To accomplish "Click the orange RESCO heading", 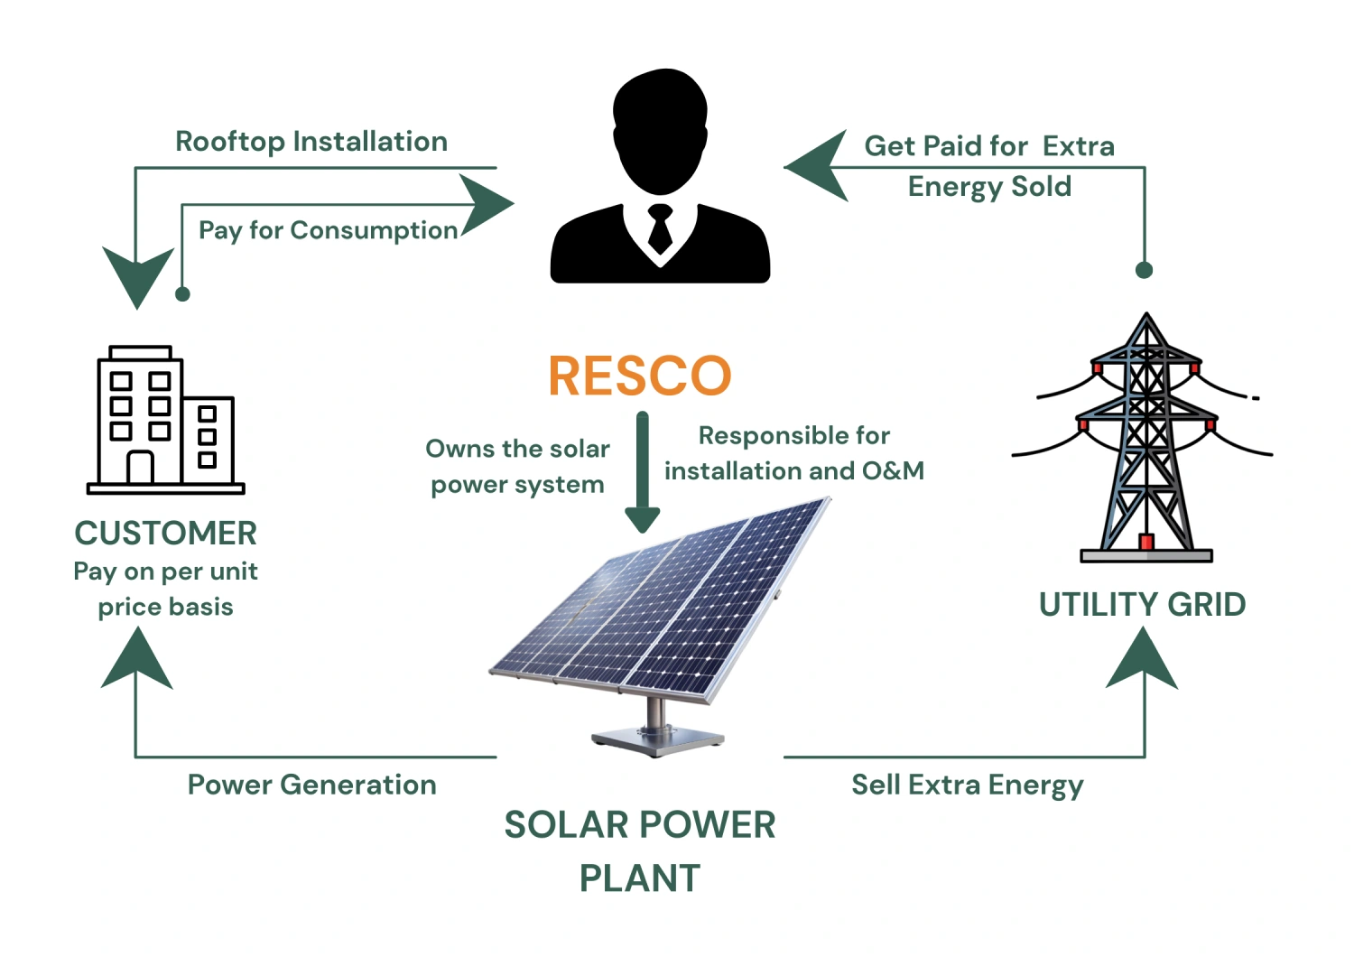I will tap(639, 376).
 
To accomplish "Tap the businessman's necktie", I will tap(660, 229).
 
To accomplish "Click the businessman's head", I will tap(660, 117).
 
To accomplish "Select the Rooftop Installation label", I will tap(311, 142).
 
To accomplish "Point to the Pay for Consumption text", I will tap(328, 230).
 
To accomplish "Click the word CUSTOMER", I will tap(166, 533).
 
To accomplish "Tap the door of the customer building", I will tap(140, 467).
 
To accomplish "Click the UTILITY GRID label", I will tap(1142, 604).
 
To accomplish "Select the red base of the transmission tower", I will tap(1146, 542).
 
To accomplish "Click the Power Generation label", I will tap(311, 785).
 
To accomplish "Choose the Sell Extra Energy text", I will tap(967, 785).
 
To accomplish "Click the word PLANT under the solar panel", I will tap(639, 878).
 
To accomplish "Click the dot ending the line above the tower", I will tap(1144, 270).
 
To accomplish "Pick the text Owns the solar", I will tap(517, 449).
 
